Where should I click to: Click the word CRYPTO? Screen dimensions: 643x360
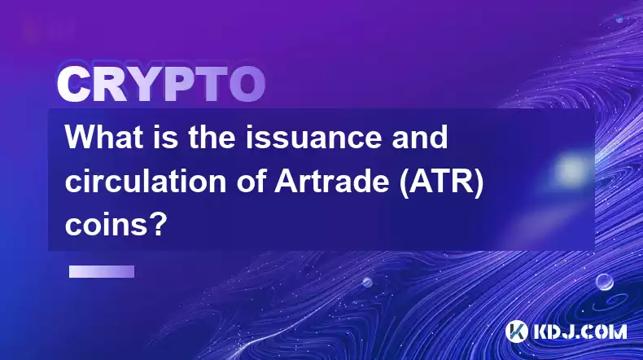pos(161,85)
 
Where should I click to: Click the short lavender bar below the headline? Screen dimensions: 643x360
pos(102,272)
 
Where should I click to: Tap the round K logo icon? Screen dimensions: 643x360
pos(517,331)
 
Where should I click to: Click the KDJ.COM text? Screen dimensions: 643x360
pos(580,332)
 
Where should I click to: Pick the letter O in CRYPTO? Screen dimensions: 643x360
pos(247,85)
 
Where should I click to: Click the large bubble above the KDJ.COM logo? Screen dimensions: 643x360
pos(605,282)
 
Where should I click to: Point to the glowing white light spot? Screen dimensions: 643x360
pos(571,169)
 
